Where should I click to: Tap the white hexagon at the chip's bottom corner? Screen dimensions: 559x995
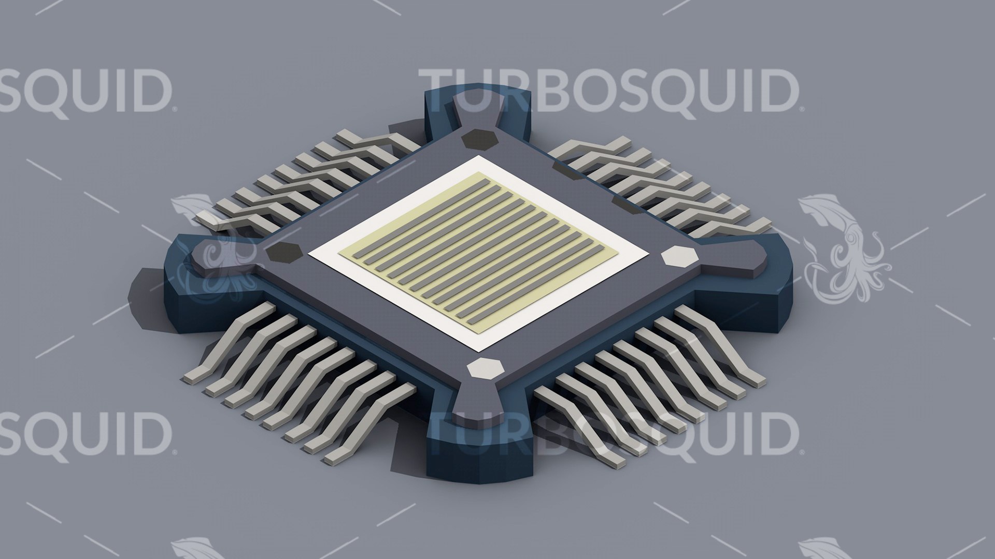485,369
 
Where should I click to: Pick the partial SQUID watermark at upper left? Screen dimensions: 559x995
83,92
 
